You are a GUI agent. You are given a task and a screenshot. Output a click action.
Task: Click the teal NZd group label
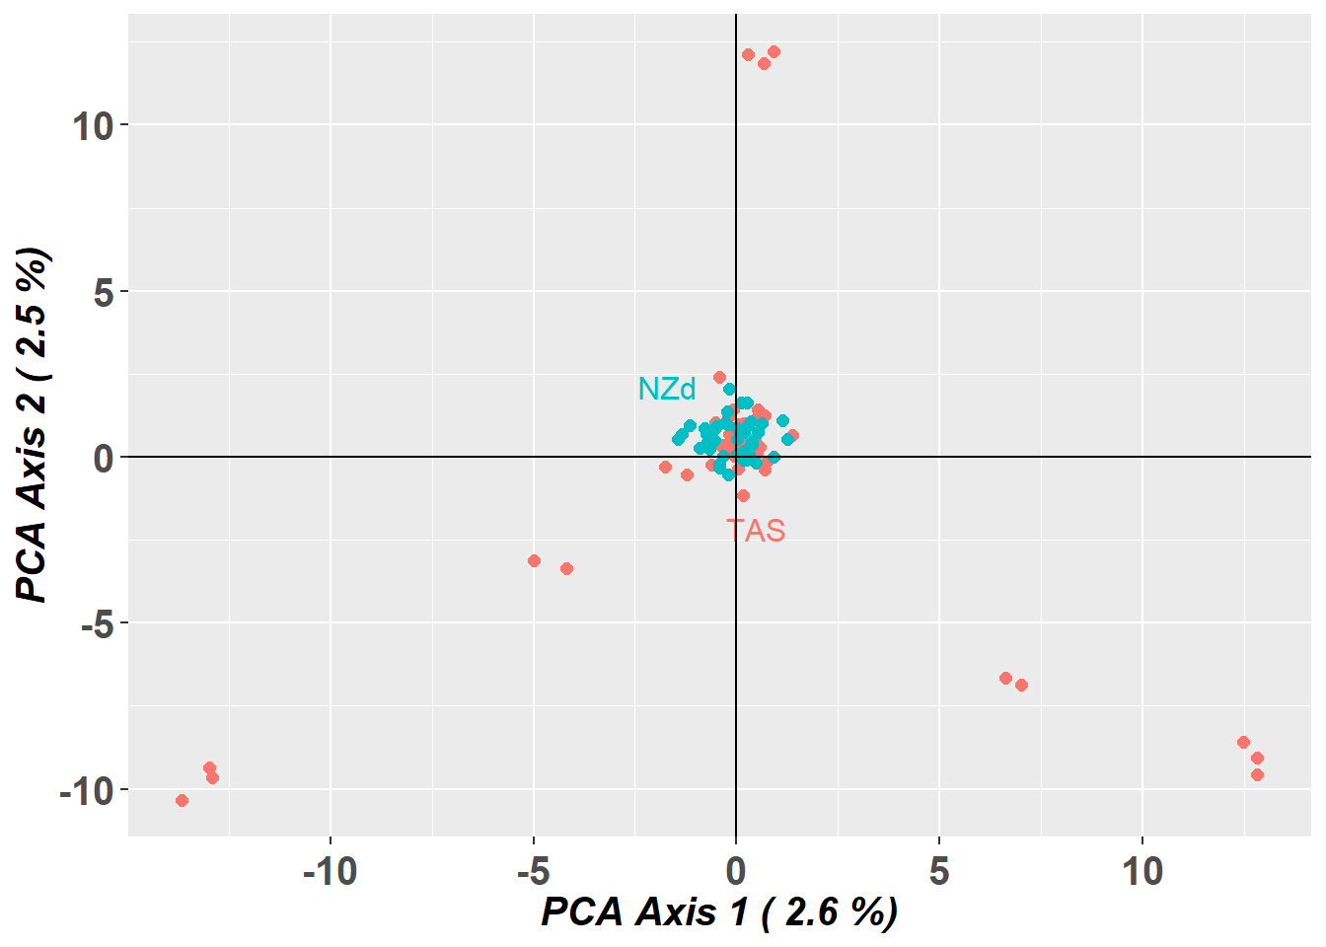tap(667, 389)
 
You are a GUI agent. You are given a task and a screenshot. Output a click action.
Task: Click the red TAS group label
tap(756, 531)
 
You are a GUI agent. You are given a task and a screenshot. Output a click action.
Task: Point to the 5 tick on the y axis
tap(104, 292)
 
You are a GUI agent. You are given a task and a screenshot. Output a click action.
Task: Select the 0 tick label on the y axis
tap(104, 458)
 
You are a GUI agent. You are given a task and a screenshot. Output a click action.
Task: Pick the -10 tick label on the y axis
tap(86, 790)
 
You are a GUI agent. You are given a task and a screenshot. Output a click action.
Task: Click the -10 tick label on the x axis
tap(330, 872)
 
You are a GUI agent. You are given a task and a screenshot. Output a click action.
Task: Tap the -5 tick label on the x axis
tap(533, 872)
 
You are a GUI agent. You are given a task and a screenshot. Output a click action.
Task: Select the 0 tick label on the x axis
tap(736, 872)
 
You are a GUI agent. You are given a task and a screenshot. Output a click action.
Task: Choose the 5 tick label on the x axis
tap(939, 872)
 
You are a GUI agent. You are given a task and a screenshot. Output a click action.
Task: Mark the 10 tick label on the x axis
tap(1142, 872)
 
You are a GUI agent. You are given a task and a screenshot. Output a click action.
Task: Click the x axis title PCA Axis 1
tap(719, 911)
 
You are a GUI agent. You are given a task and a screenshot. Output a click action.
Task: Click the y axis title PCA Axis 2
tap(33, 425)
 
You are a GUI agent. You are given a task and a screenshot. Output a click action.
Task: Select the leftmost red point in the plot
tap(182, 800)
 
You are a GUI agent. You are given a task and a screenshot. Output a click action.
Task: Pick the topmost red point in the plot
tap(773, 51)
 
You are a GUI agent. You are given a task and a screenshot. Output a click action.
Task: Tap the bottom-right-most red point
tap(1257, 774)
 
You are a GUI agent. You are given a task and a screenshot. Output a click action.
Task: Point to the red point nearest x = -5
tap(534, 560)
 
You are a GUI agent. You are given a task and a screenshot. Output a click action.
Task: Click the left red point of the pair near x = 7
tap(1005, 678)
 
